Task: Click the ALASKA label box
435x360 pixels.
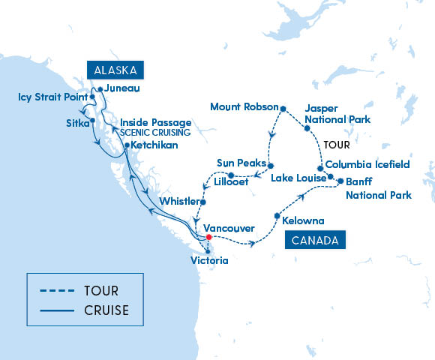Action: click(x=115, y=70)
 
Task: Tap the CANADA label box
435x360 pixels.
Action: click(x=314, y=240)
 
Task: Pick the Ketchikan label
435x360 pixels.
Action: click(x=155, y=145)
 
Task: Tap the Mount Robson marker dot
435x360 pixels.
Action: click(x=283, y=109)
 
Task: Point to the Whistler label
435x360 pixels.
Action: click(x=179, y=202)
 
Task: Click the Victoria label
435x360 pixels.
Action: click(x=210, y=261)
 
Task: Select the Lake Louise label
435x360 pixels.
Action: click(x=295, y=178)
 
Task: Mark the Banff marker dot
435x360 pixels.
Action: click(x=340, y=181)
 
